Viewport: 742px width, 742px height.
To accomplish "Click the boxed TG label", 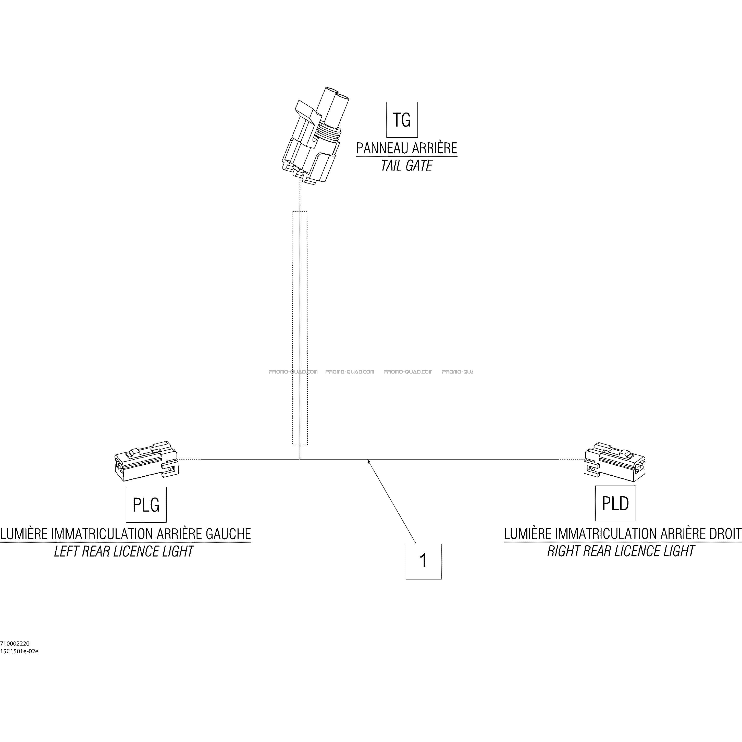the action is click(402, 120).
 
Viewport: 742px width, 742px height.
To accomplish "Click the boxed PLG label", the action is click(146, 505).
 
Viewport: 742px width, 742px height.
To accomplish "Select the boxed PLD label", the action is click(615, 503).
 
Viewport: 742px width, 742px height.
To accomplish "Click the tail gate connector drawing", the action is click(312, 136).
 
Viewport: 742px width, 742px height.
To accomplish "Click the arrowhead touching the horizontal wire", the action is click(369, 461).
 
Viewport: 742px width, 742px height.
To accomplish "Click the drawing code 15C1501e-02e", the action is click(19, 651).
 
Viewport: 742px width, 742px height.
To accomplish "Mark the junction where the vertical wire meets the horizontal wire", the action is click(300, 459).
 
